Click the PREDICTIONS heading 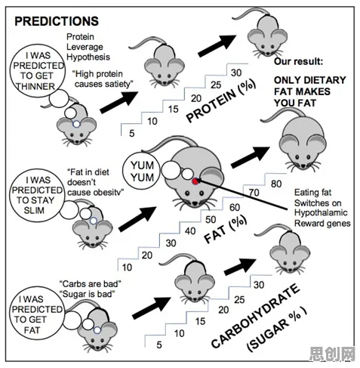(x=57, y=21)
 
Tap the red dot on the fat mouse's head (x=195, y=181)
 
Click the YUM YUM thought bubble (x=142, y=172)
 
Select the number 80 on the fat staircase (x=276, y=184)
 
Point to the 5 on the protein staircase (x=132, y=133)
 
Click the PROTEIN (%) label (x=220, y=101)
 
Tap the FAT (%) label (x=226, y=230)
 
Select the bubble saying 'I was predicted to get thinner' (x=37, y=71)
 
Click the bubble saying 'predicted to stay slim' (x=37, y=195)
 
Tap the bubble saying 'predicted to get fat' (x=37, y=314)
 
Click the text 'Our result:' (x=298, y=61)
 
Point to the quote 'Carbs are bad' (x=91, y=284)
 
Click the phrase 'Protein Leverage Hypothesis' (x=88, y=47)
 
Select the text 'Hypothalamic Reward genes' (x=322, y=218)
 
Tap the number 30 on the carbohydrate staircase (x=259, y=285)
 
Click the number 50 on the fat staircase (x=211, y=220)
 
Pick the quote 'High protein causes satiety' (x=103, y=79)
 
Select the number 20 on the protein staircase (x=196, y=98)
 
